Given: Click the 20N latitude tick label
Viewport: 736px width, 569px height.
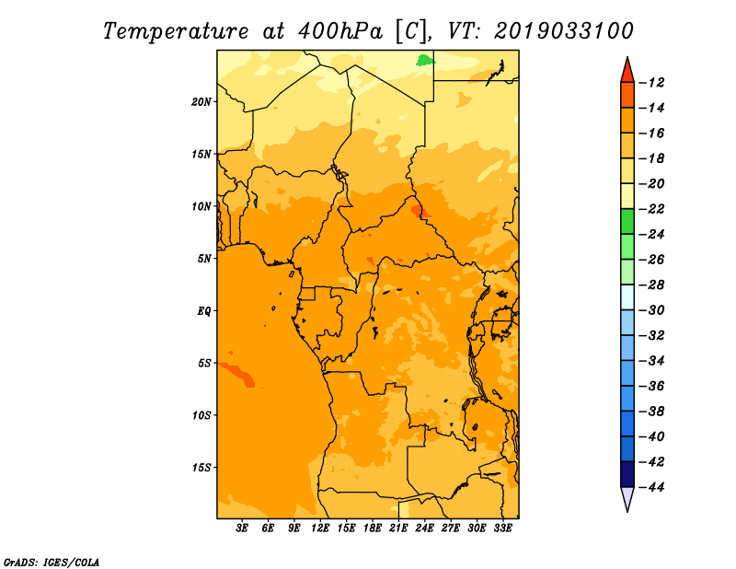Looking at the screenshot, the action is click(201, 102).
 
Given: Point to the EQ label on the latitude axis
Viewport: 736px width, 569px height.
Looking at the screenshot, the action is click(204, 311).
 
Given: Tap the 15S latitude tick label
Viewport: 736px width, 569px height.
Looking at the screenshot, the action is click(201, 468).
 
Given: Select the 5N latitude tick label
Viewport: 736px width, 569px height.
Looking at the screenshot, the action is click(204, 259).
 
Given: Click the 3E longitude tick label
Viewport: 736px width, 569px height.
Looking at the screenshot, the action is click(242, 528).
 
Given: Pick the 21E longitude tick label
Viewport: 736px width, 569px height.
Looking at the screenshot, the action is click(398, 528).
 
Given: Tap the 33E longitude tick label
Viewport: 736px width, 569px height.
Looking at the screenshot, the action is click(502, 528).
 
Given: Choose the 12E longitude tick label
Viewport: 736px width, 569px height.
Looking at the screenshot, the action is click(319, 528).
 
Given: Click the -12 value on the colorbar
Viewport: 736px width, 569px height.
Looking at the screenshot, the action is click(651, 83).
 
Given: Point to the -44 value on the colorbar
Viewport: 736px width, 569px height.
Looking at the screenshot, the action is click(651, 487).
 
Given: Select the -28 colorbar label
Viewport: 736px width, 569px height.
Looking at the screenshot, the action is click(651, 285).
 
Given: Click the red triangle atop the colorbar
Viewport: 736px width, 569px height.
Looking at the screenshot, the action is click(627, 70).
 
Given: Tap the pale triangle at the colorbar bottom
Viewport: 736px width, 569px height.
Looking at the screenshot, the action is click(627, 498).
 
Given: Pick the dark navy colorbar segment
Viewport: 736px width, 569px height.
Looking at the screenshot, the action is click(627, 474).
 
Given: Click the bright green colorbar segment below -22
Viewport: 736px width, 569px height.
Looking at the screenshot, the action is click(627, 222).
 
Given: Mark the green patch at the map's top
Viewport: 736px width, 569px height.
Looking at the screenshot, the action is click(425, 61).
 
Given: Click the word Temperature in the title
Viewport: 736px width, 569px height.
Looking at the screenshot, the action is click(176, 32).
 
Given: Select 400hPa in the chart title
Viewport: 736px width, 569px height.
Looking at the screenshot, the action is click(340, 31).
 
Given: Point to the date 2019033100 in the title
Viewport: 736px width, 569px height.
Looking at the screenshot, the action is click(564, 31).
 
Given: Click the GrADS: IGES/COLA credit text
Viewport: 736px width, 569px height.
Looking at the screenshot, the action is click(52, 562).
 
